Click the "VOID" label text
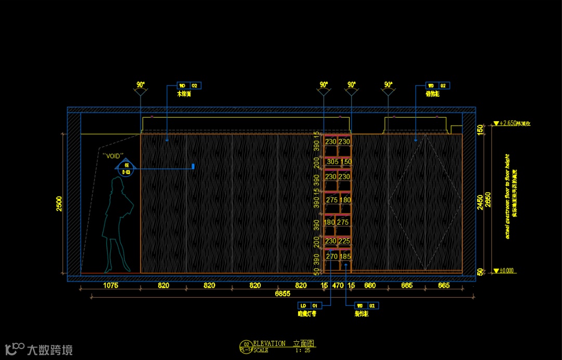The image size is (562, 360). coord(113,155)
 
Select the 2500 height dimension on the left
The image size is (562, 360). coord(59,204)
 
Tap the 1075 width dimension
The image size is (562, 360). coord(111,286)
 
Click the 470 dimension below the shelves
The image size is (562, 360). coord(338,286)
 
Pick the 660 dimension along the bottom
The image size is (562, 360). coord(369,286)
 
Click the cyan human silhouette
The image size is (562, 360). coord(118,224)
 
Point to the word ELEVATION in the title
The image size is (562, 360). coord(269,343)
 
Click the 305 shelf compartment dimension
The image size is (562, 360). coord(331,162)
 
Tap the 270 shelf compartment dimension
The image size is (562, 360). coord(331,256)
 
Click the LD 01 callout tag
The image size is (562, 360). coord(309,305)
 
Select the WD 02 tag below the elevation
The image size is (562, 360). coord(366,305)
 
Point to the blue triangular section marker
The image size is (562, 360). coord(126,168)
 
